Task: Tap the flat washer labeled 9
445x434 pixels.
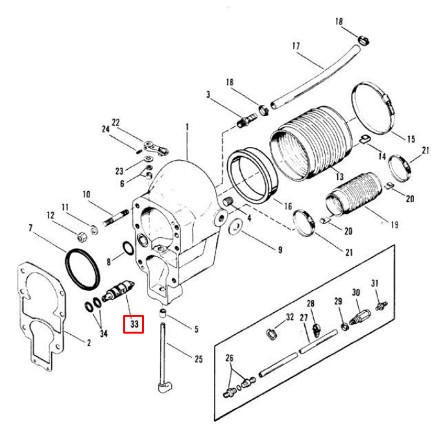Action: click(x=236, y=227)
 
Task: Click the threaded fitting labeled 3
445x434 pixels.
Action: click(x=247, y=120)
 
